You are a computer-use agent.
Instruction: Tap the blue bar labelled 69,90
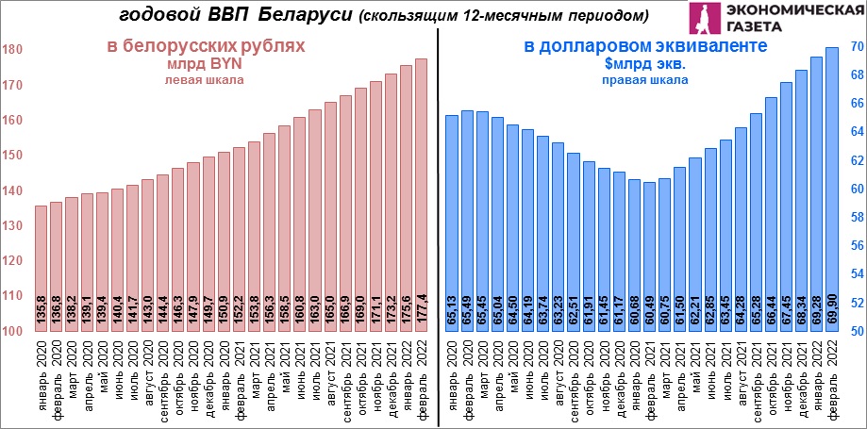pos(832,189)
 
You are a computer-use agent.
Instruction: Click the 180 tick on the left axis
pos(13,50)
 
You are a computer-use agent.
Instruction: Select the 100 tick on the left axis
pos(13,331)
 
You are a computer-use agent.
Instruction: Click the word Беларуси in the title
pos(307,15)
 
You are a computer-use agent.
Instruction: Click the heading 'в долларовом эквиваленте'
pos(645,45)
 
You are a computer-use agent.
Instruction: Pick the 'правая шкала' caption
pos(645,81)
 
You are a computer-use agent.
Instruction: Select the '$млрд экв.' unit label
pos(645,64)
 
